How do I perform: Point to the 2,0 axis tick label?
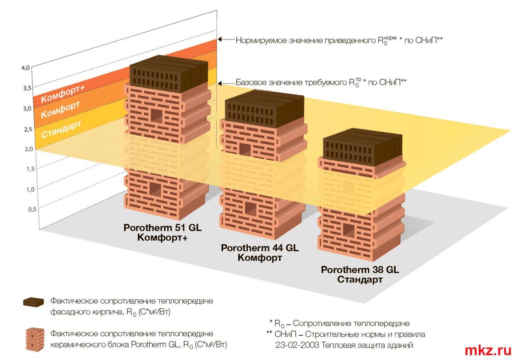(x=29, y=149)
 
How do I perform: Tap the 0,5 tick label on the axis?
(x=32, y=209)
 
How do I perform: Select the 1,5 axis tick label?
(x=30, y=169)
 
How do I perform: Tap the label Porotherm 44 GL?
(x=260, y=248)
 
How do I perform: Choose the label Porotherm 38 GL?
(x=360, y=270)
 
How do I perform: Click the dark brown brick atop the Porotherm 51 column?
(x=169, y=74)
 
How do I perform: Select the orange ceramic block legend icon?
(x=32, y=340)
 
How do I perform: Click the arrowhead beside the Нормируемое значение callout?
(x=220, y=39)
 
